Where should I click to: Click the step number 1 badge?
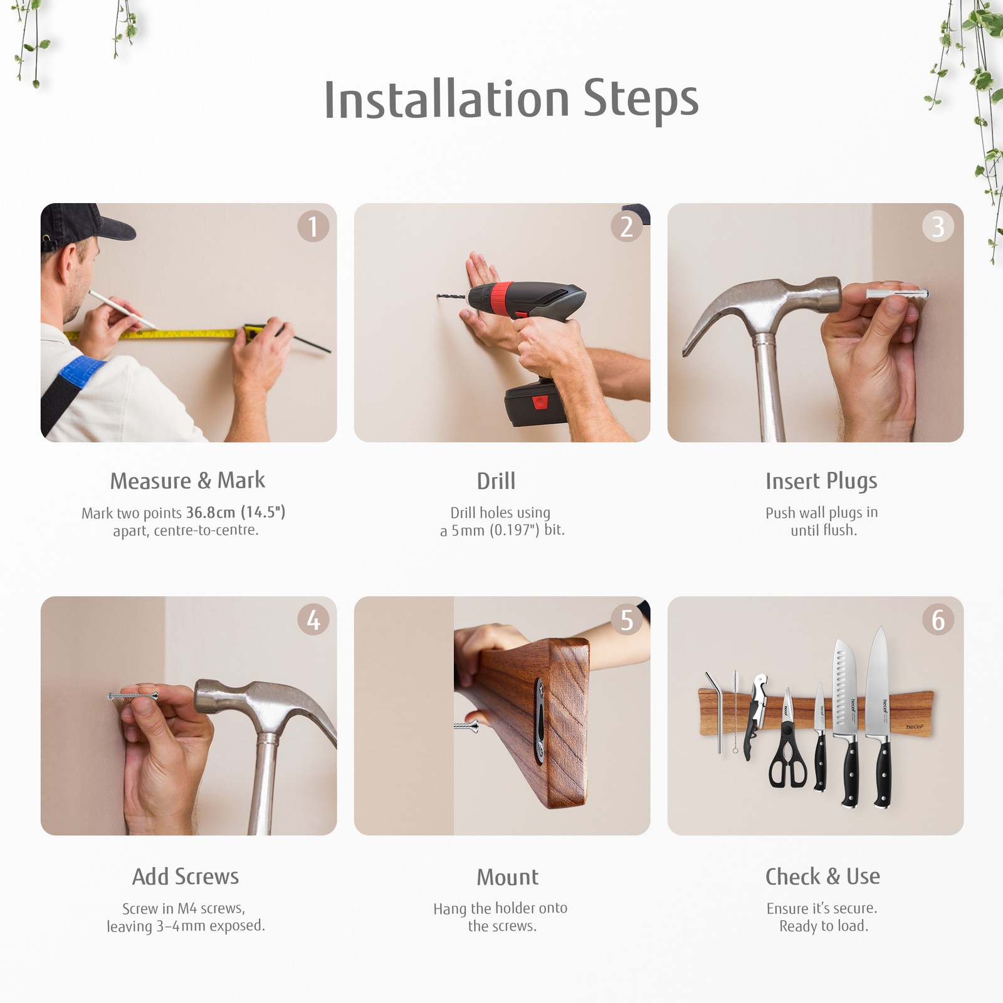pos(313,226)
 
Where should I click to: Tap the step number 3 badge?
pos(938,226)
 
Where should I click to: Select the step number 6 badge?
pos(938,620)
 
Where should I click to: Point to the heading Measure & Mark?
pos(187,481)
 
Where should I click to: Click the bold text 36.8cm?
pos(211,512)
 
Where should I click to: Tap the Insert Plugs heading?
pos(821,481)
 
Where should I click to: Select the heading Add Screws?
pos(186,876)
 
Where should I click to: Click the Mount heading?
pos(508,877)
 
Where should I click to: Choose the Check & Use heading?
pos(822,876)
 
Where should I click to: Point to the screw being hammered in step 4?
pos(133,696)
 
